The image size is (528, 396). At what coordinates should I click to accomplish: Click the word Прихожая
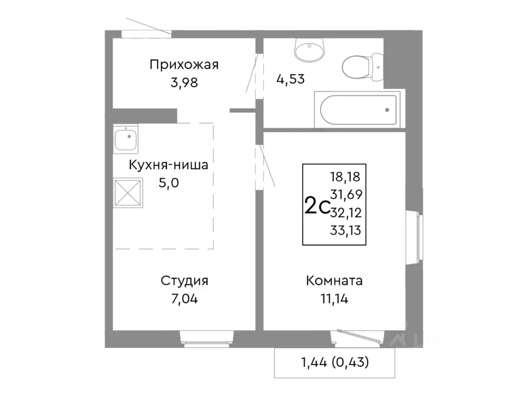tap(184, 65)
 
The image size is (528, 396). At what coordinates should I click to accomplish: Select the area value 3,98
tap(184, 82)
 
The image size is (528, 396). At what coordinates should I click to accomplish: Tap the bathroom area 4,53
tap(290, 79)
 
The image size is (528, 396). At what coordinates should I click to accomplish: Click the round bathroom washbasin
tap(310, 49)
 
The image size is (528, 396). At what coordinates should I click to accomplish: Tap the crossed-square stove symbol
tap(128, 192)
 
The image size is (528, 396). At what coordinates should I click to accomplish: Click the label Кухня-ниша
tap(168, 165)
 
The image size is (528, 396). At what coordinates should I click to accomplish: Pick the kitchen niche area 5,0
tap(169, 183)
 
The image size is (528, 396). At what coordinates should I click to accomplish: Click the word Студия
tap(184, 281)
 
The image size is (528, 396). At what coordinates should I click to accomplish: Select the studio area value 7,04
tap(184, 299)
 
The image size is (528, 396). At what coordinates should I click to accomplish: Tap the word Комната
tap(334, 281)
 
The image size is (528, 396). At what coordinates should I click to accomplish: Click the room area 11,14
tap(334, 299)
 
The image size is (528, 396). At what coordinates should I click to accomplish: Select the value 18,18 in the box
tap(345, 177)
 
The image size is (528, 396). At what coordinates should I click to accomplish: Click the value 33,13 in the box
tap(345, 231)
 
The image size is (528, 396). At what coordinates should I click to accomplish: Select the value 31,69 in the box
tap(345, 194)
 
